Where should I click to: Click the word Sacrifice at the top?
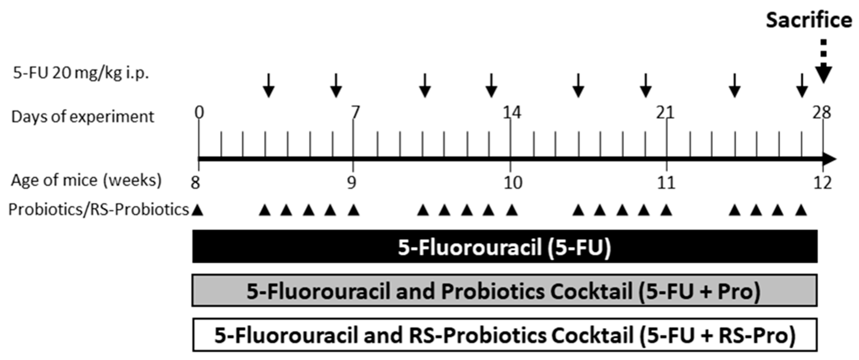tap(809, 21)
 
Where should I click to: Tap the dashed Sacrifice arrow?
tap(823, 63)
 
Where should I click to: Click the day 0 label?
tap(199, 113)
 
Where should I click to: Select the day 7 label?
tap(355, 113)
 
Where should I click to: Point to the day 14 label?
tap(511, 113)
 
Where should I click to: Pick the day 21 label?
tap(665, 113)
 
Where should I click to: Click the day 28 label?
tap(821, 113)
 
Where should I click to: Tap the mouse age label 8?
tap(195, 182)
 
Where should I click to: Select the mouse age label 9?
tap(351, 182)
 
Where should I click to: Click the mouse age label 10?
tap(513, 182)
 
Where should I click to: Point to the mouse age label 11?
tap(666, 182)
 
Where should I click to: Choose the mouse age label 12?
tap(823, 182)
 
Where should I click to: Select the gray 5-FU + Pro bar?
tap(504, 291)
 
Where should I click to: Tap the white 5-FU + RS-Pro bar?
tap(504, 335)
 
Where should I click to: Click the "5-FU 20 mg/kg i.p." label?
tap(81, 73)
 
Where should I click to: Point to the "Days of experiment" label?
tap(83, 117)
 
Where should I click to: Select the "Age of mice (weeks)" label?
tap(86, 180)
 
